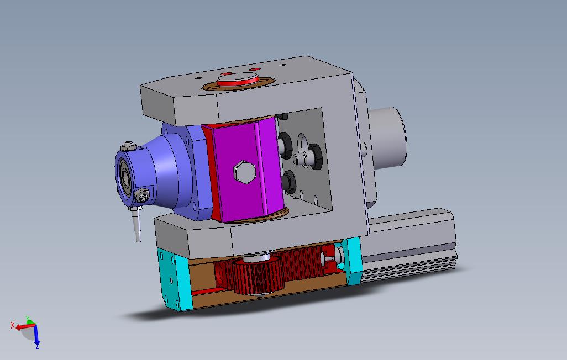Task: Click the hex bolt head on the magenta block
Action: pyautogui.click(x=244, y=171)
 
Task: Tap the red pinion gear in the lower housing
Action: pyautogui.click(x=258, y=274)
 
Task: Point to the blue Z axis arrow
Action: pyautogui.click(x=36, y=335)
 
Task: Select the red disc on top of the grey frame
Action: pyautogui.click(x=238, y=80)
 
